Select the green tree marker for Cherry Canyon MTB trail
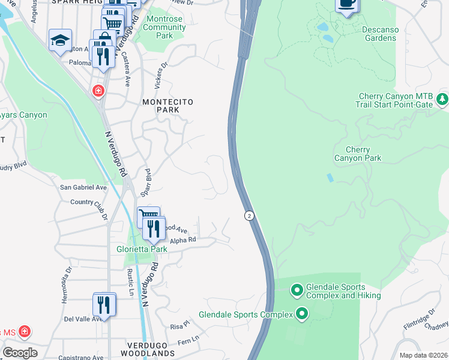(x=442, y=98)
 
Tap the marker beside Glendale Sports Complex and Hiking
(x=297, y=291)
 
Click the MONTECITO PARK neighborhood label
(x=167, y=106)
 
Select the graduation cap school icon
(x=60, y=40)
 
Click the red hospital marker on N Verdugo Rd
(x=97, y=91)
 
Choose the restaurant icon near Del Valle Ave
(x=104, y=305)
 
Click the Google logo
(x=20, y=352)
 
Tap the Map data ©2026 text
(x=423, y=355)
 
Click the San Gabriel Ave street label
(x=83, y=187)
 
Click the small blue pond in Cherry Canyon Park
(x=330, y=178)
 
